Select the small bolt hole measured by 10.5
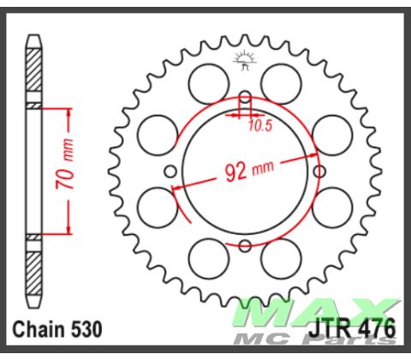tap(245, 96)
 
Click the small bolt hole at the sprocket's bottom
tap(245, 246)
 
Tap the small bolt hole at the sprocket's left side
tap(170, 171)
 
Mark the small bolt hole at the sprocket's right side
tap(319, 171)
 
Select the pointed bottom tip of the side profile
tap(33, 306)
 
